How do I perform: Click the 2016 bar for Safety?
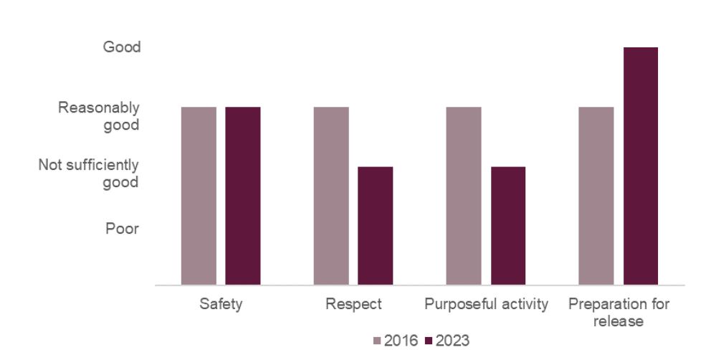coord(199,196)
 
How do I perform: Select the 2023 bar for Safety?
coord(243,196)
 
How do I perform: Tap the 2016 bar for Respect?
coord(331,196)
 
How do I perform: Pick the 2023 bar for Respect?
coord(376,226)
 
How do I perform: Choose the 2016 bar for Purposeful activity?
coord(464,196)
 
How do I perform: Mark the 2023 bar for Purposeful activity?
coord(508,226)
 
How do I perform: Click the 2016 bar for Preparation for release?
coord(596,196)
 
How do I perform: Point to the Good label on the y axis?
coord(122,47)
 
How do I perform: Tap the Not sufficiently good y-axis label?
coord(89,174)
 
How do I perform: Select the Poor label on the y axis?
coord(122,229)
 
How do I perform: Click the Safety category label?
coord(221,304)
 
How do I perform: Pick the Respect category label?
coord(353,304)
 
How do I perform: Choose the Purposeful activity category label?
coord(486,304)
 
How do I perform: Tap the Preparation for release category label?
coord(619,313)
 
